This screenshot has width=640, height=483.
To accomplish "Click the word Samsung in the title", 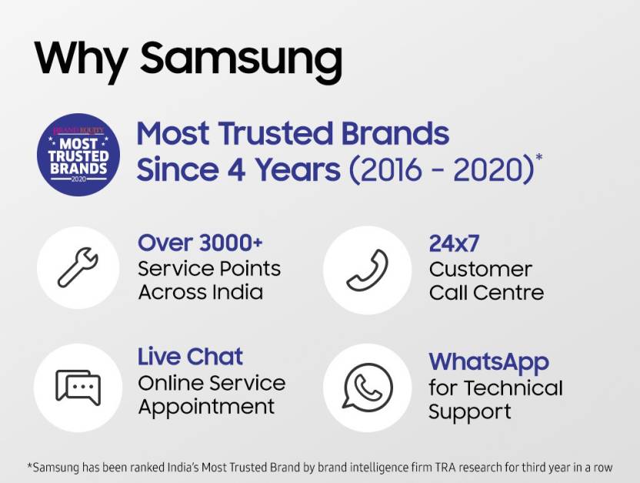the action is coord(241,61).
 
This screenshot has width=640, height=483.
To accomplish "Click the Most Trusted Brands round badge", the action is coord(78,155).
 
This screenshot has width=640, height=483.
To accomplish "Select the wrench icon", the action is coord(78,267).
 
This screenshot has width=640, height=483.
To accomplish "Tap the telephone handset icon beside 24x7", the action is coord(368,270).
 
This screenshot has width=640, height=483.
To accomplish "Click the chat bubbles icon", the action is coord(78,387).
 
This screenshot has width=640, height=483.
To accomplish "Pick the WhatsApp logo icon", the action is coord(368,387).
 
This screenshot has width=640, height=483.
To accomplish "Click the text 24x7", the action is coord(454,244).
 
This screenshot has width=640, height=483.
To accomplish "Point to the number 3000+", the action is coord(231,243).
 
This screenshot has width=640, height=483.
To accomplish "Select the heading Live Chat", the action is coord(190,357).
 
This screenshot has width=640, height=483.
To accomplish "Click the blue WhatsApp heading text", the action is coord(488,362).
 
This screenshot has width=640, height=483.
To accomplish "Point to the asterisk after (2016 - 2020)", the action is coord(539,157).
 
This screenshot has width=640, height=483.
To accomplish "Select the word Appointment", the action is coord(206,408).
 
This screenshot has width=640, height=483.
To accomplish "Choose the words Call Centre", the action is coord(486,293).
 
